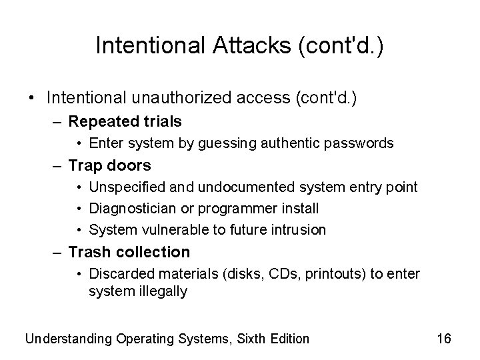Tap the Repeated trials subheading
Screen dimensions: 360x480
point(125,121)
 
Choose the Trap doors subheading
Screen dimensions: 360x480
point(110,165)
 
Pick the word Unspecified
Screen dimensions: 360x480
point(125,187)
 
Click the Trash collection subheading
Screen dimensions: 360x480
point(129,252)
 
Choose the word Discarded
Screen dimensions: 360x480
point(117,274)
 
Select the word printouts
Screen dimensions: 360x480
point(330,274)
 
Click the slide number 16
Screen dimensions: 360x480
point(444,339)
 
